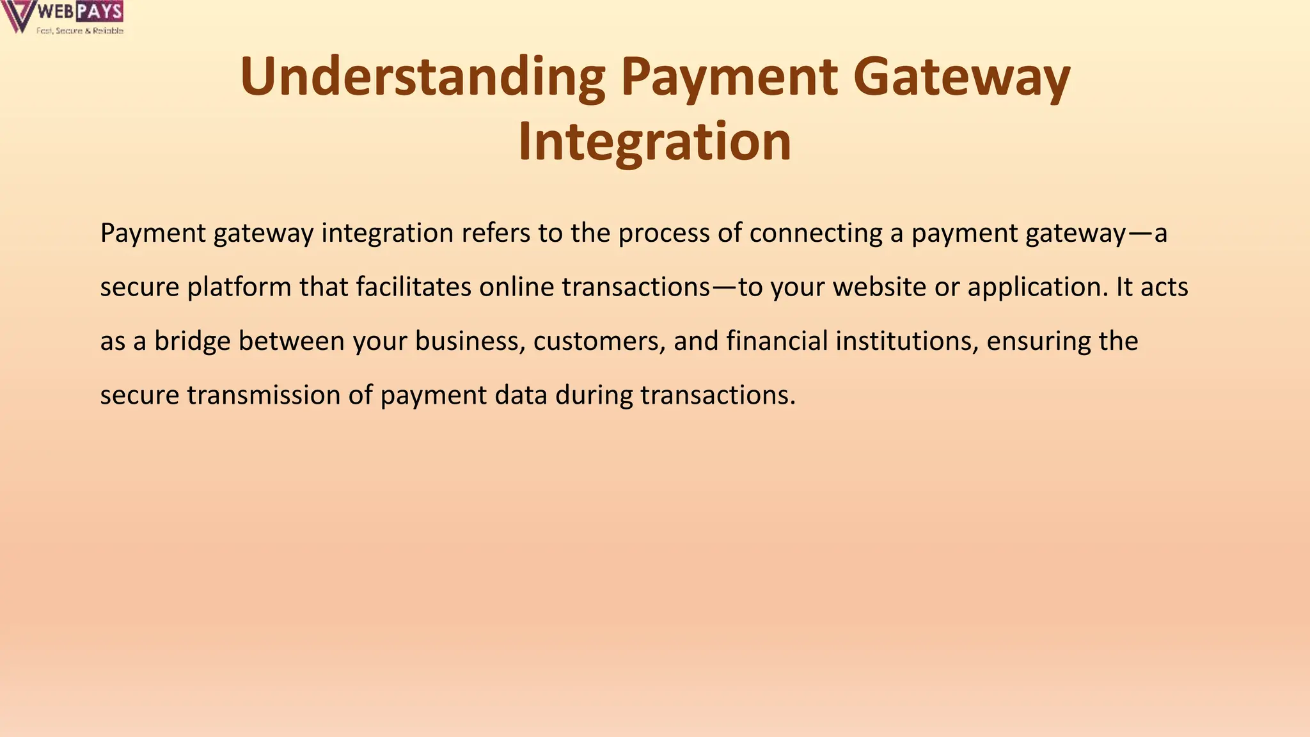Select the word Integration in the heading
(x=654, y=142)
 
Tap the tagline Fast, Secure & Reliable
(x=80, y=31)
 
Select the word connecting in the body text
(x=816, y=233)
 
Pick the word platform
(x=239, y=287)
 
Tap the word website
(x=880, y=287)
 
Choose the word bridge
(x=192, y=341)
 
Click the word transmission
(x=264, y=395)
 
